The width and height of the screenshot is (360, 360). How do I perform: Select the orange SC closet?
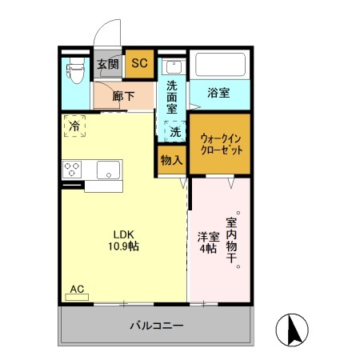click(138, 65)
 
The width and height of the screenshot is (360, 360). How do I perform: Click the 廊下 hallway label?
click(123, 96)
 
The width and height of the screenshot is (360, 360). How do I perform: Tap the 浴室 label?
click(218, 93)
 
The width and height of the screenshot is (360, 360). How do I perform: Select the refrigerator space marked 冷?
click(75, 126)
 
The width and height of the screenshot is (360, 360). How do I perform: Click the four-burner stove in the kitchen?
click(73, 170)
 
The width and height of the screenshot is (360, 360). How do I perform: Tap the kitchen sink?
click(108, 170)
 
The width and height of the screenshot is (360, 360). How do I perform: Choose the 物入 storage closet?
click(171, 160)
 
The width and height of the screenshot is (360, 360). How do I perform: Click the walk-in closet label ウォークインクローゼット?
click(219, 144)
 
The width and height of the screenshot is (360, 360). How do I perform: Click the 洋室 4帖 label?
click(206, 242)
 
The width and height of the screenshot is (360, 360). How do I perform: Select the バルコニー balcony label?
click(157, 326)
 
